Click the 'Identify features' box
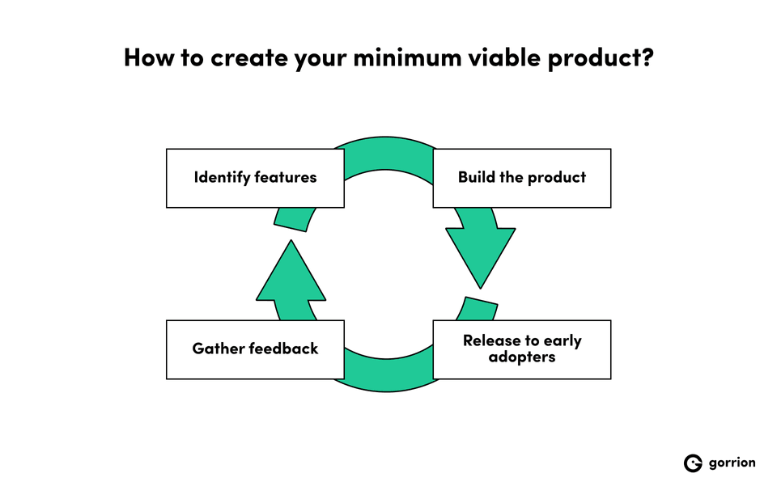pyautogui.click(x=255, y=178)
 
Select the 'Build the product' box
pyautogui.click(x=522, y=178)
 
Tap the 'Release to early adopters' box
pyautogui.click(x=522, y=349)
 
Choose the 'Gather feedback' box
pyautogui.click(x=255, y=349)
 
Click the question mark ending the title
pyautogui.click(x=647, y=58)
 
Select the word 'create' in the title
pyautogui.click(x=245, y=58)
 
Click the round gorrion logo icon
pyautogui.click(x=693, y=463)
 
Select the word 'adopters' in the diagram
pyautogui.click(x=522, y=357)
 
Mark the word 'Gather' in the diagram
pyautogui.click(x=216, y=349)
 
